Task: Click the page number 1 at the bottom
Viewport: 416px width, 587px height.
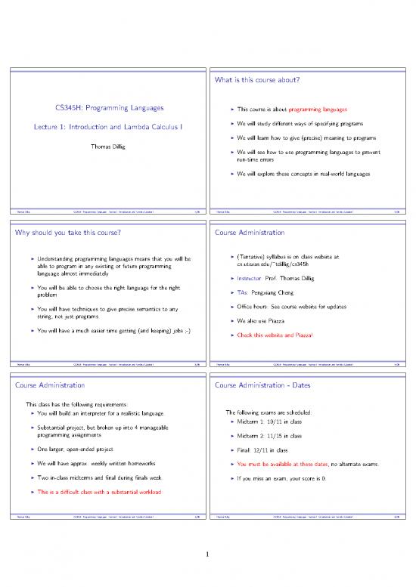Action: [207, 559]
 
